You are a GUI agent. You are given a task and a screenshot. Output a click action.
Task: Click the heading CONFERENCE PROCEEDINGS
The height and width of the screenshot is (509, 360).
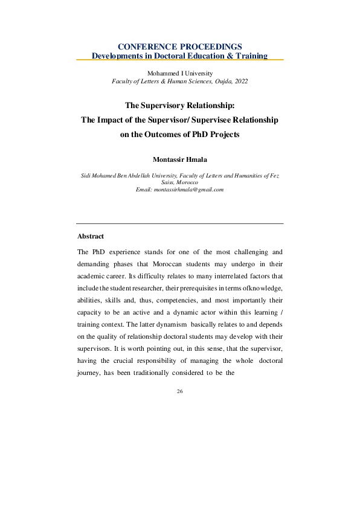179,46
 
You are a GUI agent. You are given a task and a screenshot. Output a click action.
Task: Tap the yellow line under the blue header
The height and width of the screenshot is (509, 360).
179,60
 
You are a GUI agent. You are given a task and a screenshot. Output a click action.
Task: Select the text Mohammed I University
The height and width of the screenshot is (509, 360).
179,73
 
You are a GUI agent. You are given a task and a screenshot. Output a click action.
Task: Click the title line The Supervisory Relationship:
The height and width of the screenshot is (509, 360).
179,105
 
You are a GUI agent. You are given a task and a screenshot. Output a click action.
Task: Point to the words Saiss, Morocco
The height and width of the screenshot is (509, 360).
180,182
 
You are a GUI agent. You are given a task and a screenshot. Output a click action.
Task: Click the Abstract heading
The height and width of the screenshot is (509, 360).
91,236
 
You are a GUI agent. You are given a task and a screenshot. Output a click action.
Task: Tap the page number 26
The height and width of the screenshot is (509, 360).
179,391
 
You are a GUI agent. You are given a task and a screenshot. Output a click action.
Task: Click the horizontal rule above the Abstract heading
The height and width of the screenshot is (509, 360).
180,224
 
